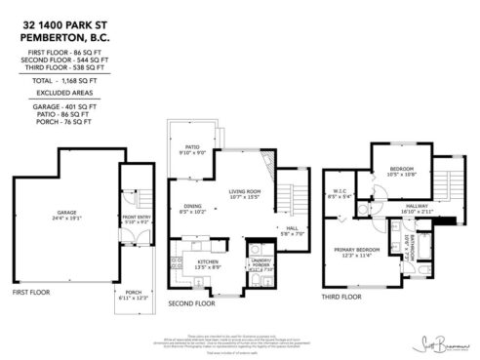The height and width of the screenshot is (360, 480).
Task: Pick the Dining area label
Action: (x=193, y=209)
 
